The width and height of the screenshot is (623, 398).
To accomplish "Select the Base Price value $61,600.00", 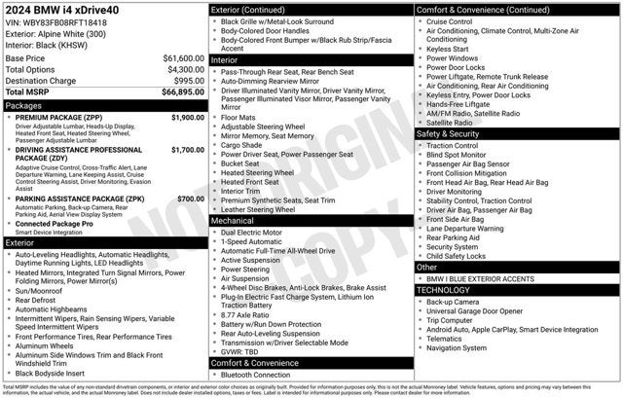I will pos(183,58).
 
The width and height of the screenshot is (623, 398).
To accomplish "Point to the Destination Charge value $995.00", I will pos(188,82).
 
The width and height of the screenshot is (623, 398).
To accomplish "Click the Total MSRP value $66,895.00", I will pos(182,92).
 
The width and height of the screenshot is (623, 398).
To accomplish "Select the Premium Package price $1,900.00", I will pos(187,117).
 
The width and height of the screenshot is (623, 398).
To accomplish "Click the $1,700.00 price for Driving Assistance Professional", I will pos(187,151).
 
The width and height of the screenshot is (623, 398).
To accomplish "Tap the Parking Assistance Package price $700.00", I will pos(191,199).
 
